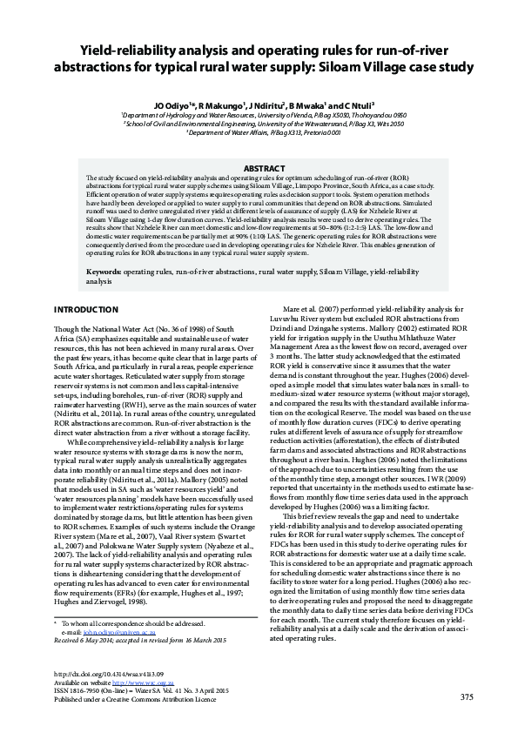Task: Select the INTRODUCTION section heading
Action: coord(86,310)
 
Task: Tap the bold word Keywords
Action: coord(104,272)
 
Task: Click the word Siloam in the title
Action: coord(357,66)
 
